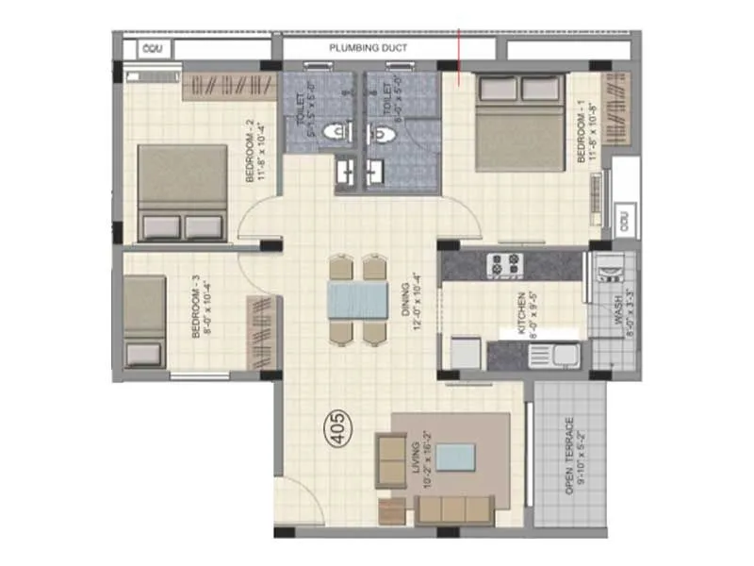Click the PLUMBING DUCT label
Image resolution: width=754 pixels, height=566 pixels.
click(x=367, y=48)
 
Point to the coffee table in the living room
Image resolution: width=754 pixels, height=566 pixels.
click(x=455, y=457)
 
